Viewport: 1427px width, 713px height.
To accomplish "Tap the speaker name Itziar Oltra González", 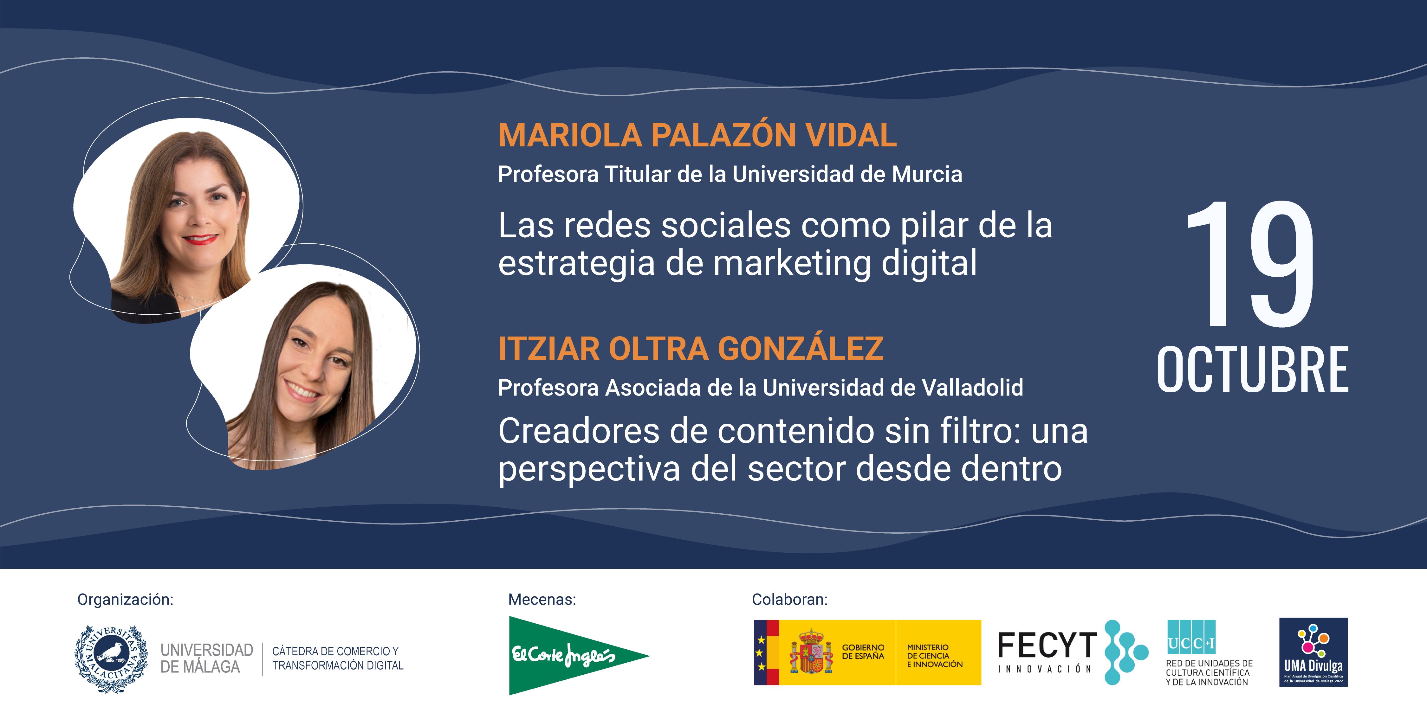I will tap(690, 349).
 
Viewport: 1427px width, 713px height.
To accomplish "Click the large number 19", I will tap(1251, 265).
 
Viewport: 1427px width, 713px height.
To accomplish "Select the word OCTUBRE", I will tap(1252, 370).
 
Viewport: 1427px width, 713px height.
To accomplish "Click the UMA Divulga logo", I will tap(1313, 652).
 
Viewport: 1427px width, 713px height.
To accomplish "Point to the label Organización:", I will tap(125, 600).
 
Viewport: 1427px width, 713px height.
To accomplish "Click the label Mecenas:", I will tap(542, 600).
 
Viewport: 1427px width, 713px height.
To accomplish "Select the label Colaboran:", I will tap(789, 600).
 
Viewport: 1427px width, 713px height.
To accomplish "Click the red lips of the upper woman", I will tap(200, 239).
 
